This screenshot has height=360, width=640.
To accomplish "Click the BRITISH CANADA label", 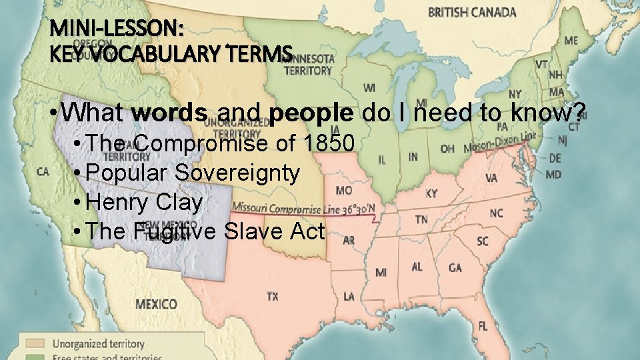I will [x=472, y=13].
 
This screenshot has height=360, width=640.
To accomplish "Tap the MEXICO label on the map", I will [x=157, y=305].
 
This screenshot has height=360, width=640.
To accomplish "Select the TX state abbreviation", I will [x=273, y=297].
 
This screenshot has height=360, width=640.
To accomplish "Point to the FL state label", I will [x=483, y=326].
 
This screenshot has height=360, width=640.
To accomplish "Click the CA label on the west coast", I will [x=43, y=172].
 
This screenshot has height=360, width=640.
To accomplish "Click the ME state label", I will [x=571, y=41].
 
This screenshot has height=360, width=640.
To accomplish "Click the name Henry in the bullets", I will [x=116, y=201].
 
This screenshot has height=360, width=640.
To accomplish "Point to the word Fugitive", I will [x=174, y=231].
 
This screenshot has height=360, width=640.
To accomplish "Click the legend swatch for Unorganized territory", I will [x=35, y=343].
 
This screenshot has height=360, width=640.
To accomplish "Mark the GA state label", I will [x=455, y=268].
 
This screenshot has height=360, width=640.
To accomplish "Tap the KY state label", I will [x=432, y=193].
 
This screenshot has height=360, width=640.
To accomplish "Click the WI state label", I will [x=369, y=88].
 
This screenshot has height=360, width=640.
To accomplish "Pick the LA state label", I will [x=349, y=296].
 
